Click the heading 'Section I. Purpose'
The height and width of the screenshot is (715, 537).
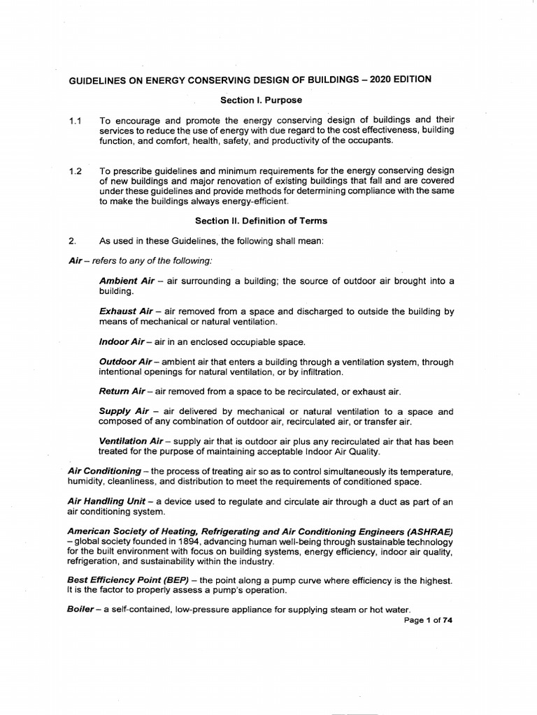[252, 101]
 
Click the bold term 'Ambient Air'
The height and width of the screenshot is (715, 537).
[127, 281]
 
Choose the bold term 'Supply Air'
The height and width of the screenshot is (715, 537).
[124, 411]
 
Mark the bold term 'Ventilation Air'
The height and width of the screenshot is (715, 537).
[131, 441]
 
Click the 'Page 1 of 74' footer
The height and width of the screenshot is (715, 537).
[429, 622]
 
